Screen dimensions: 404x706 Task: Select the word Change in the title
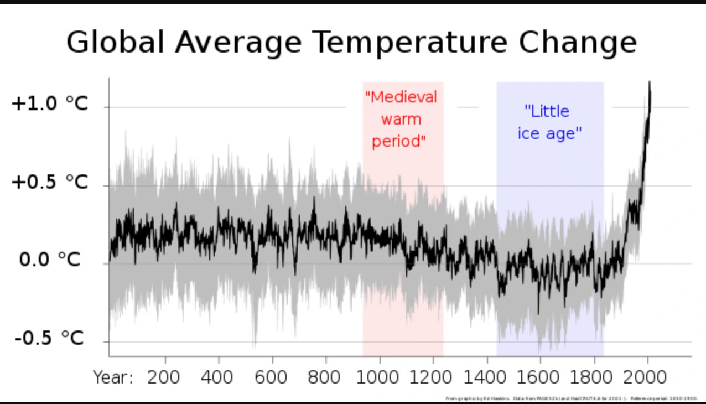click(578, 43)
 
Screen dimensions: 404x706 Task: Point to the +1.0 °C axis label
click(50, 103)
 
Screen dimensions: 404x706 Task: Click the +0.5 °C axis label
click(50, 182)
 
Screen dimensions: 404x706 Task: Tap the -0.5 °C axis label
click(50, 338)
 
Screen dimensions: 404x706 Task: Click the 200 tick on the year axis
click(164, 377)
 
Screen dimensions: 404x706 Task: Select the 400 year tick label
click(218, 377)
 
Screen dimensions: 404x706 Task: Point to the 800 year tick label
click(325, 377)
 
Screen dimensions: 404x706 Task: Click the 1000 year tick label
click(379, 377)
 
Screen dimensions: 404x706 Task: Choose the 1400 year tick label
click(486, 377)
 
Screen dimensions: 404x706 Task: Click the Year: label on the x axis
click(113, 377)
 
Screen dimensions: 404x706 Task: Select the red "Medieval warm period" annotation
click(401, 119)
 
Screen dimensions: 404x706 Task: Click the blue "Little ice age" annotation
click(549, 122)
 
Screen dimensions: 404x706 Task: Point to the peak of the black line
click(650, 83)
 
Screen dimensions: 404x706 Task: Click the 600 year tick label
click(272, 377)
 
